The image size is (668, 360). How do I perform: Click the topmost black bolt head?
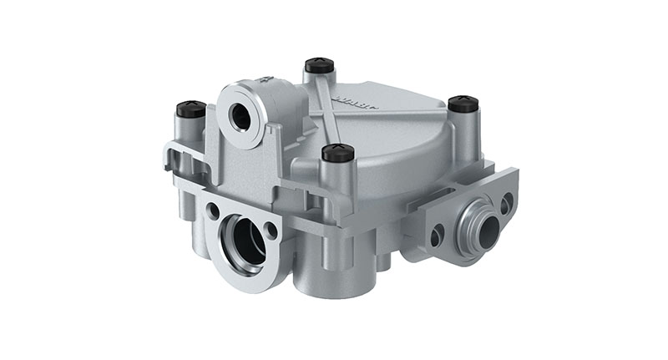click(319, 64)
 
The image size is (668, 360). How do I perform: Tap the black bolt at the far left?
click(190, 109)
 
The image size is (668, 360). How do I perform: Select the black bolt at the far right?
click(463, 104)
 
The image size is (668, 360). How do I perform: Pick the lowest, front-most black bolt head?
click(338, 152)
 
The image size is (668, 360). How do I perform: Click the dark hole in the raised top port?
click(241, 116)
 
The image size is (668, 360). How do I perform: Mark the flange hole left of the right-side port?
click(436, 237)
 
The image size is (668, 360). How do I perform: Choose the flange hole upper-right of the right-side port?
click(506, 201)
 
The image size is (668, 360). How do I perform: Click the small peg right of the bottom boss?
click(383, 260)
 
